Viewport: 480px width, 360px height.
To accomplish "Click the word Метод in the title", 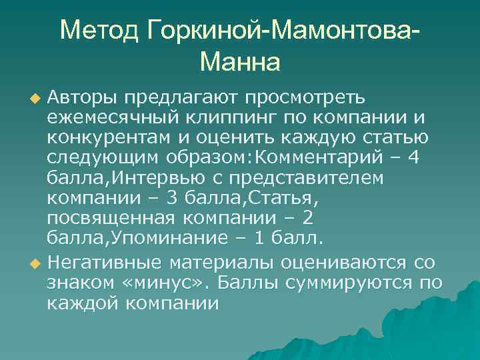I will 99,29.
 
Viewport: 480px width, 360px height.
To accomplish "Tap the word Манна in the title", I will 240,62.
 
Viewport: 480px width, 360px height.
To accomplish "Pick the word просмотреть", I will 305,98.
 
